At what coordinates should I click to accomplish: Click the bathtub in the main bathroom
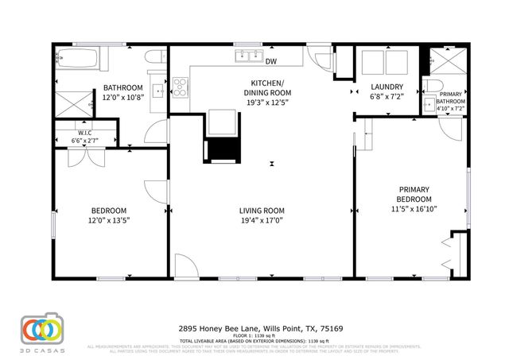76,58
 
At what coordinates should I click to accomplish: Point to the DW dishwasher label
271,61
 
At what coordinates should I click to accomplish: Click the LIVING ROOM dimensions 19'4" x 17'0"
262,221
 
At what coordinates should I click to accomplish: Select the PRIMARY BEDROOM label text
414,194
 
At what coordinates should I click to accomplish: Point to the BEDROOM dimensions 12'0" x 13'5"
110,221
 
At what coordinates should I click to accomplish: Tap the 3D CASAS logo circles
41,329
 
